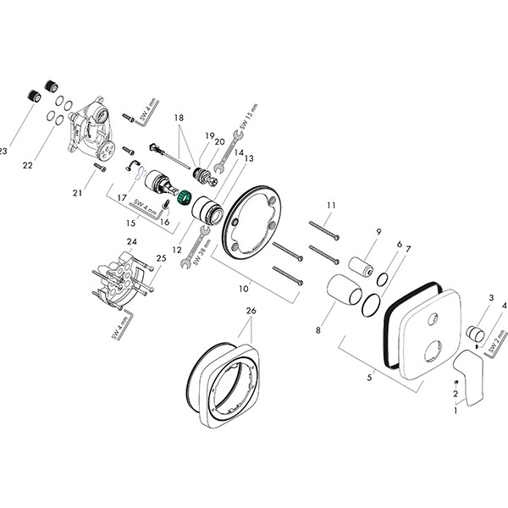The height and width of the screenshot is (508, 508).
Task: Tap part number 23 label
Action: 3,152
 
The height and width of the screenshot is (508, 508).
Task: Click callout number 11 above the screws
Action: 332,206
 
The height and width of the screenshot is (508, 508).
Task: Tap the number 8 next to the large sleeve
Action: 317,330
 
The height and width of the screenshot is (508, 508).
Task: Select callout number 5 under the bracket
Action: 369,378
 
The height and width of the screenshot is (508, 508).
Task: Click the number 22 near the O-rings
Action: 27,165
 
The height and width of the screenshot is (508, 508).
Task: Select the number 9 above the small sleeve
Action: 378,231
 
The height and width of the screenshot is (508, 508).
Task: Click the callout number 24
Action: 131,241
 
